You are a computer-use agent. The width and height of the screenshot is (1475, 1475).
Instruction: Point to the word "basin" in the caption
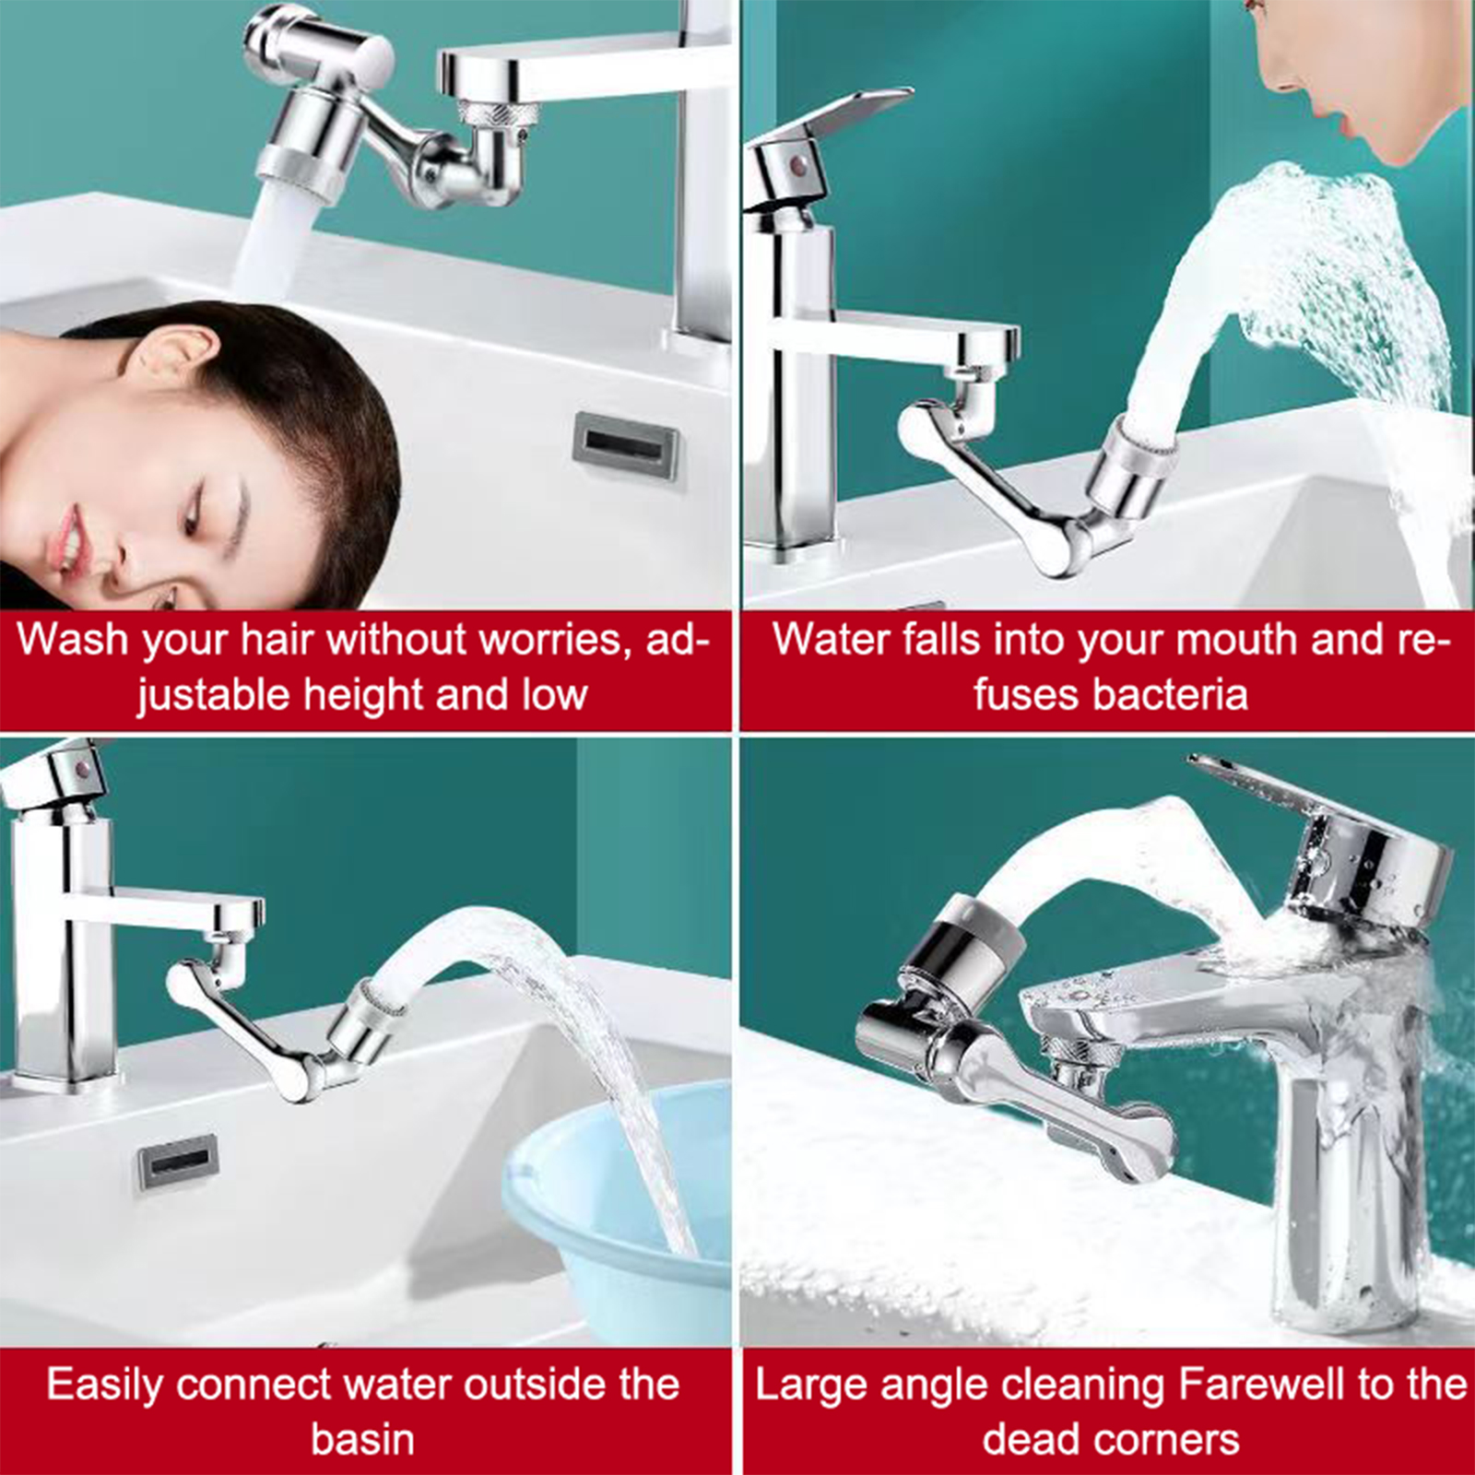(362, 1440)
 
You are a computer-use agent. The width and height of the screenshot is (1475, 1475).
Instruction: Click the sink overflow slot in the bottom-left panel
(178, 1164)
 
